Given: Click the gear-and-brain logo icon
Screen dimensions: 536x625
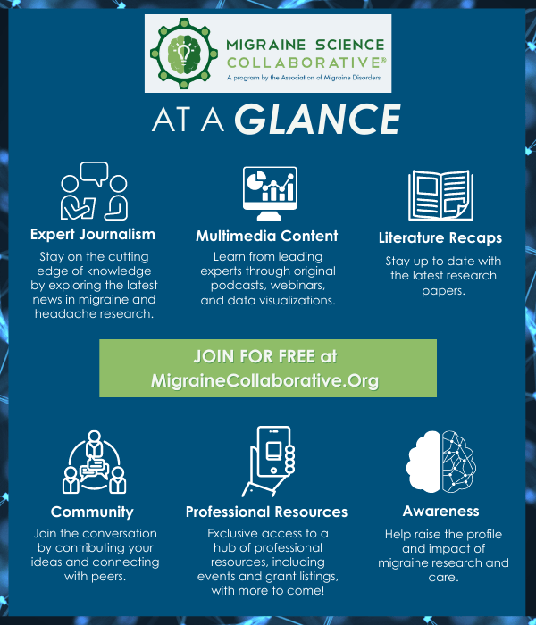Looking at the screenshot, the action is pyautogui.click(x=184, y=54).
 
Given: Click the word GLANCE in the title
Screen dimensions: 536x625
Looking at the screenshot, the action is pyautogui.click(x=317, y=119).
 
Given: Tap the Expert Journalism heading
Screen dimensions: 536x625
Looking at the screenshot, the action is pyautogui.click(x=93, y=234).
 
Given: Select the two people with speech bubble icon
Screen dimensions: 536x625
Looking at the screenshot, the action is pyautogui.click(x=94, y=191).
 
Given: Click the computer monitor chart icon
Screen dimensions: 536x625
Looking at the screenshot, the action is pyautogui.click(x=270, y=193).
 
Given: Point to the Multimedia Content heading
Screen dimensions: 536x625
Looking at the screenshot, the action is pyautogui.click(x=267, y=236).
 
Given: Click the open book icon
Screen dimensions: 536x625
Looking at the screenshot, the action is pyautogui.click(x=440, y=195).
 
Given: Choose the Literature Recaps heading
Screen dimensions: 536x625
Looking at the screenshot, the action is pyautogui.click(x=440, y=237).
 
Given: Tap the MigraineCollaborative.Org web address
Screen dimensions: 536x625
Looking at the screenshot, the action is pyautogui.click(x=264, y=380).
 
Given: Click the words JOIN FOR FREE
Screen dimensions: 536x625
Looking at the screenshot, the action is pyautogui.click(x=255, y=356).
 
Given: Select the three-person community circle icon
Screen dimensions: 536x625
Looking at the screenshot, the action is pyautogui.click(x=94, y=462).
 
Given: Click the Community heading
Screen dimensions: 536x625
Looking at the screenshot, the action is pyautogui.click(x=92, y=512).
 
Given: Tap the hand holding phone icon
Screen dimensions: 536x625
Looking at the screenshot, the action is pyautogui.click(x=268, y=462).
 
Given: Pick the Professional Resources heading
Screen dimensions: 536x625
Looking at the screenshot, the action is pyautogui.click(x=266, y=512).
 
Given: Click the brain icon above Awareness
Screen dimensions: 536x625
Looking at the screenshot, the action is pyautogui.click(x=440, y=462).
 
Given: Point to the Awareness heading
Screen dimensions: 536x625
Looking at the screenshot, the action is pyautogui.click(x=440, y=511).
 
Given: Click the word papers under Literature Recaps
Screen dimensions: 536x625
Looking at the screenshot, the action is pyautogui.click(x=443, y=291).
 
